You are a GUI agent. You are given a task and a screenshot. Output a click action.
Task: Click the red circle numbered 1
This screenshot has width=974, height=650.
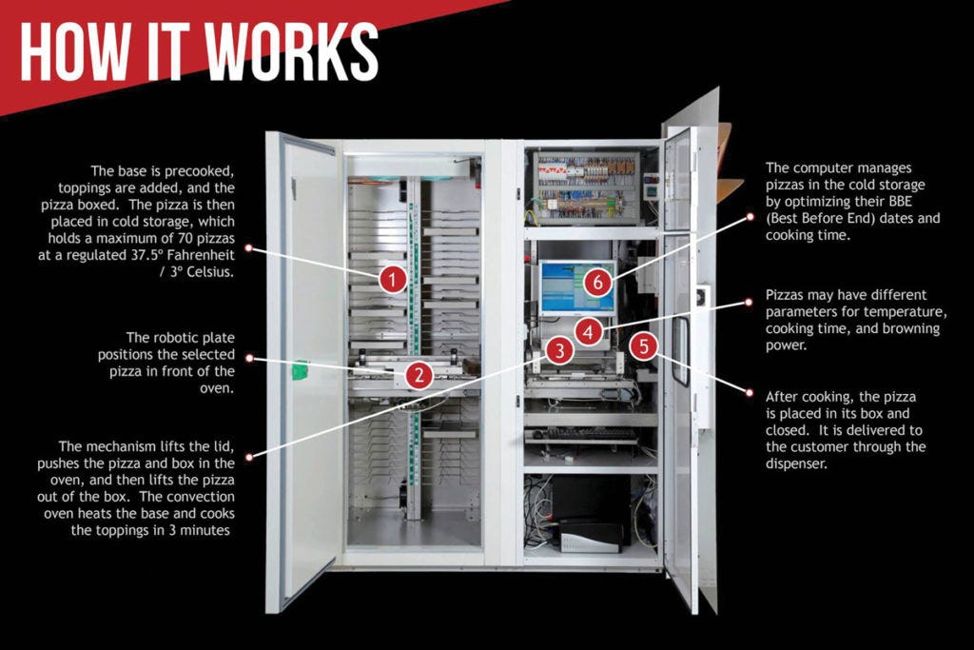click(393, 279)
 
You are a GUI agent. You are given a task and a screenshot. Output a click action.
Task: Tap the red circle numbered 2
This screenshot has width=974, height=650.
click(419, 375)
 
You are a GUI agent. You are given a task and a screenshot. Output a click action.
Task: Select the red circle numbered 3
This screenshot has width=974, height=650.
click(560, 350)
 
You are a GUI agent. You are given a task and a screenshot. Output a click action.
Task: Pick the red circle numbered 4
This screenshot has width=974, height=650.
click(589, 332)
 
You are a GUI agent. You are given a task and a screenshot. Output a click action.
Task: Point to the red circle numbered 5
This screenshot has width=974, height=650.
click(644, 345)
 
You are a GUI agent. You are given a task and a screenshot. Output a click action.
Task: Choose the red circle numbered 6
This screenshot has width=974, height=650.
click(597, 281)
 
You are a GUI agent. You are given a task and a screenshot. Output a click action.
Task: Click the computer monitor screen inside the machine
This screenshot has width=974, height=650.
click(577, 286)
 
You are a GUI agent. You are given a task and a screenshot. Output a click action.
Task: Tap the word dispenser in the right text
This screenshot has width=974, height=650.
click(797, 464)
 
